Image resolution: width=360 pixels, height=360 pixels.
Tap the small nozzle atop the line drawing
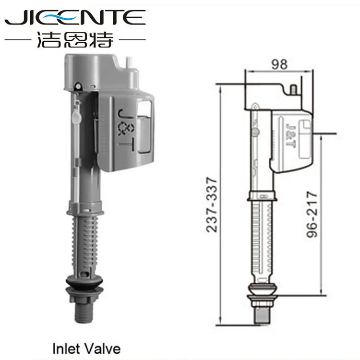click(293, 89)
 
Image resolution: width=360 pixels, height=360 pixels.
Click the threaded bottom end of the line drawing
click(262, 312)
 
